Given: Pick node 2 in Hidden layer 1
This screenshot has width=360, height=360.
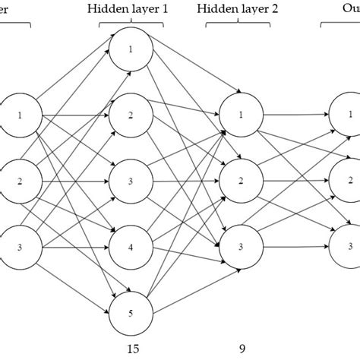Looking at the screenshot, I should click(x=131, y=116).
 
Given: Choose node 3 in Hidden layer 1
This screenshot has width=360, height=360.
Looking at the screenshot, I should click(x=131, y=182).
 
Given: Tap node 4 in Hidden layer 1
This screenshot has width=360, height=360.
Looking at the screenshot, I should click(x=131, y=247).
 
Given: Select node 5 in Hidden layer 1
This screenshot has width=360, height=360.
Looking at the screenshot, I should click(x=131, y=312).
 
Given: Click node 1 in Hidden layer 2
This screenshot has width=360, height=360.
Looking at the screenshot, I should click(x=241, y=116).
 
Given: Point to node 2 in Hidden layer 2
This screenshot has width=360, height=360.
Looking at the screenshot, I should click(x=241, y=182).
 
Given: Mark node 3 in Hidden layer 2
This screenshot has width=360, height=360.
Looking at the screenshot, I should click(x=241, y=247).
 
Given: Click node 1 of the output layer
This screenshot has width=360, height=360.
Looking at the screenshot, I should click(x=349, y=116).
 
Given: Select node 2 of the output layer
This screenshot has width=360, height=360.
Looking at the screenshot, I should click(x=349, y=182).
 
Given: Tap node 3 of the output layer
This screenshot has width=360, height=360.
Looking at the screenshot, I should click(x=349, y=247).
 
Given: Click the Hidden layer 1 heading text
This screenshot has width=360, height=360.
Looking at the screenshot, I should click(x=131, y=8).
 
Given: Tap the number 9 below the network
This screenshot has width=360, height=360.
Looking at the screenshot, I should click(x=241, y=349).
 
